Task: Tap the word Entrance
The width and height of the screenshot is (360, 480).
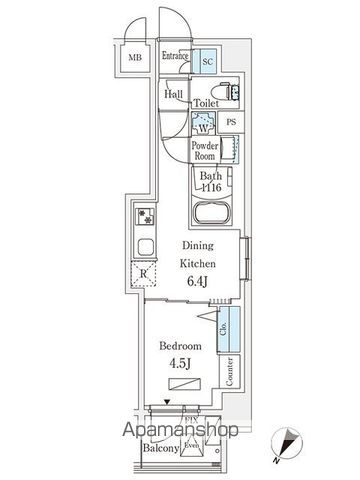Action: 175,57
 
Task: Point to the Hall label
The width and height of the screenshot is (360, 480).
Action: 171,94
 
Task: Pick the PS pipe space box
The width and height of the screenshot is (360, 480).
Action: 231,123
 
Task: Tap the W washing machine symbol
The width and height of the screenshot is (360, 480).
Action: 203,125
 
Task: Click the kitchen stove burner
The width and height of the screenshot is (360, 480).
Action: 144,215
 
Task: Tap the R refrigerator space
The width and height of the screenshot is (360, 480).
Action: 144,270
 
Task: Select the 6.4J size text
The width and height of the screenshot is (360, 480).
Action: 195,280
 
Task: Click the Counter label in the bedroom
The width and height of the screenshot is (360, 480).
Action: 231,372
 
